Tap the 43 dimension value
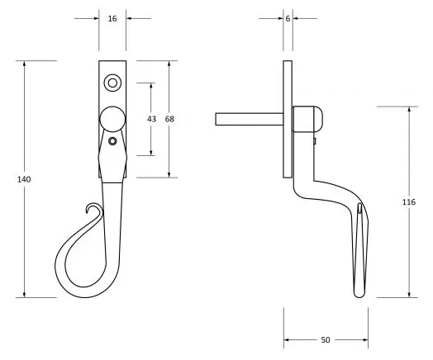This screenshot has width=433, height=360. (151, 119)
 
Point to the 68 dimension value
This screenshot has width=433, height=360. (169, 119)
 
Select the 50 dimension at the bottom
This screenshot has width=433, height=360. (326, 339)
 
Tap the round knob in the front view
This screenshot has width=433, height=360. (112, 119)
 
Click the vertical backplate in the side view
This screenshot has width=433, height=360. (287, 120)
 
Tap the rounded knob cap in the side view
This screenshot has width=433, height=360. (309, 119)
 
